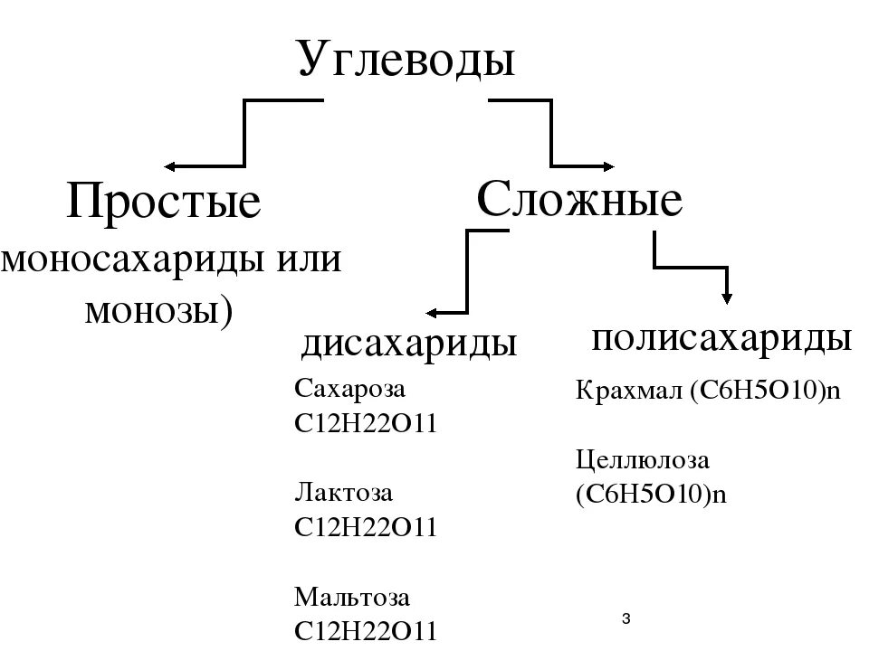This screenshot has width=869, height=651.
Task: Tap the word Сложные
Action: tap(579, 200)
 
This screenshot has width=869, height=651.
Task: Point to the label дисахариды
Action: tap(409, 344)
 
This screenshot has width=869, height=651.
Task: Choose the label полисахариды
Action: tap(721, 338)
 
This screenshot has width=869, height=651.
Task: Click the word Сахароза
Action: tap(350, 390)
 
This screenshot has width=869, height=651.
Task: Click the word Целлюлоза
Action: tap(643, 460)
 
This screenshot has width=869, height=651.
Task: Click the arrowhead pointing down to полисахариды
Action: tap(726, 297)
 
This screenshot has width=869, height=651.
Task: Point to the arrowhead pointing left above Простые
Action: tap(170, 166)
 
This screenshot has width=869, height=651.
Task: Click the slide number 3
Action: tap(626, 617)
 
